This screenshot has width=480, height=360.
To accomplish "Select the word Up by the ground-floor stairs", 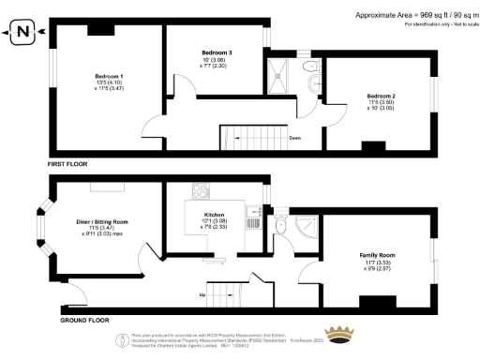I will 202,295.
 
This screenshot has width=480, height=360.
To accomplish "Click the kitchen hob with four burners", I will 201,193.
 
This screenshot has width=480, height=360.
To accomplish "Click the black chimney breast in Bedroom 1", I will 99,30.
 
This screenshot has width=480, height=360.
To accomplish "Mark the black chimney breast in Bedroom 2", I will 374,145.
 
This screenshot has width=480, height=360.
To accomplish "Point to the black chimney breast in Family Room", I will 379,302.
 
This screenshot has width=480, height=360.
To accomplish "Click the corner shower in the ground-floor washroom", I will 304,229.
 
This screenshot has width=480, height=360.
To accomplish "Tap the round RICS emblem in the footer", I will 121,337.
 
